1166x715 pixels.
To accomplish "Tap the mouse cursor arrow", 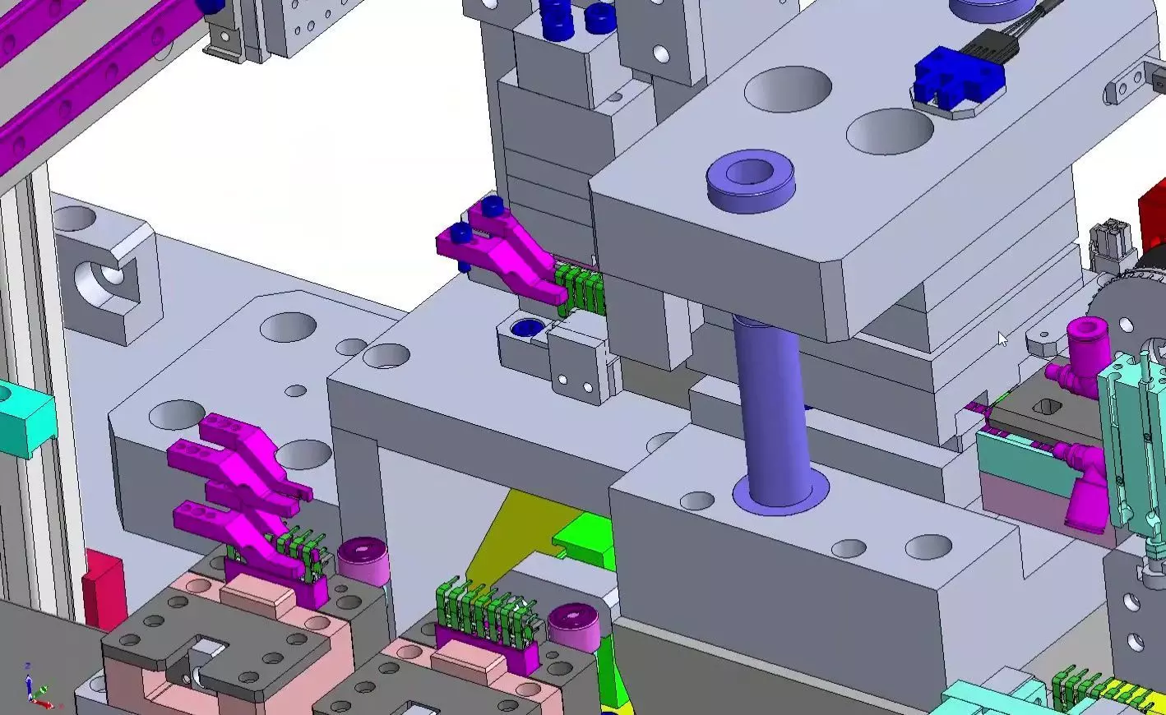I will (x=1002, y=339).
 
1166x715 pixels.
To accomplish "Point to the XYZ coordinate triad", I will (x=36, y=687).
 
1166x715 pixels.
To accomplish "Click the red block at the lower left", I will (x=103, y=586).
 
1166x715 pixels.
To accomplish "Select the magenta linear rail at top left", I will (x=82, y=74).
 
